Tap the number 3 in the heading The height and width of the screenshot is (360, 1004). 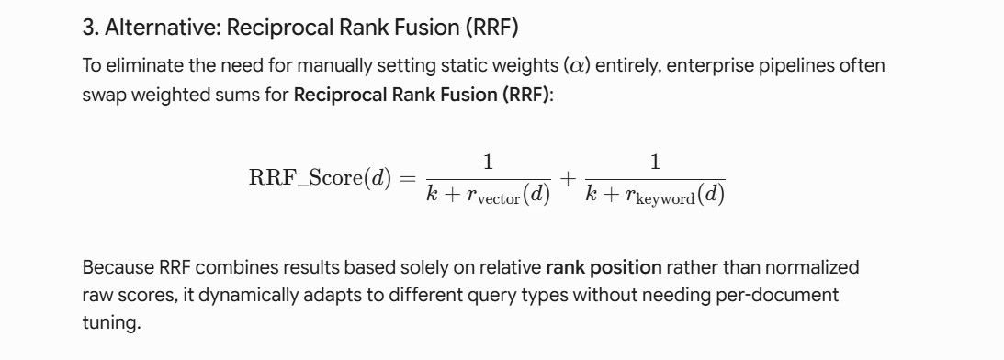click(87, 28)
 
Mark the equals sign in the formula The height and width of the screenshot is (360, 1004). click(407, 179)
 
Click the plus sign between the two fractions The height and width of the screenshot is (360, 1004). click(568, 179)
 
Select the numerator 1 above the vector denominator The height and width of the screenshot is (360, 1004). click(489, 163)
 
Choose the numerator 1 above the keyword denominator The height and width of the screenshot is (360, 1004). click(655, 163)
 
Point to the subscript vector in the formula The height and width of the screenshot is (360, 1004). click(500, 199)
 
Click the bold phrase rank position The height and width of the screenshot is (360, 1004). click(604, 267)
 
